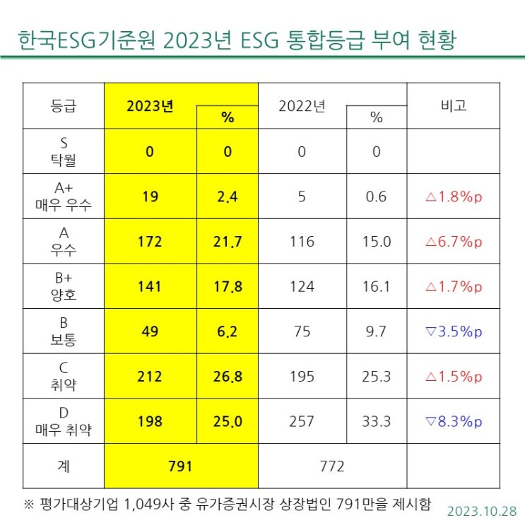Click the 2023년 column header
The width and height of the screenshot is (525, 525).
pyautogui.click(x=150, y=106)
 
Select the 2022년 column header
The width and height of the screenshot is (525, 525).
pyautogui.click(x=302, y=106)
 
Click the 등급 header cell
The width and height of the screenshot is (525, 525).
pyautogui.click(x=64, y=105)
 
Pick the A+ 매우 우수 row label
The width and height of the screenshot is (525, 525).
pyautogui.click(x=64, y=196)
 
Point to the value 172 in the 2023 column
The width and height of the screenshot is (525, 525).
pyautogui.click(x=150, y=242)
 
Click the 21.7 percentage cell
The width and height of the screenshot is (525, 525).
pyautogui.click(x=227, y=242)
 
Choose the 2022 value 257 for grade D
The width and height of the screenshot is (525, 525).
pyautogui.click(x=302, y=422)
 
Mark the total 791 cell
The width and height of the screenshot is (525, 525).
pyautogui.click(x=181, y=466)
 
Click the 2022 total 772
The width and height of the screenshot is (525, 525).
pyautogui.click(x=332, y=466)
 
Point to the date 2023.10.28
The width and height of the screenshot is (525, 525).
pyautogui.click(x=482, y=510)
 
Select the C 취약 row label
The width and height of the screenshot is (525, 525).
pyautogui.click(x=64, y=377)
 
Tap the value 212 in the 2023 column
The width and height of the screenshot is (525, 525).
pyautogui.click(x=150, y=377)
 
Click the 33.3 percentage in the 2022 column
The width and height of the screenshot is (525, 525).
pyautogui.click(x=376, y=422)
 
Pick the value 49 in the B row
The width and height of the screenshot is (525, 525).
pyautogui.click(x=150, y=331)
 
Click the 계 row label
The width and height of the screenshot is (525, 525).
pyautogui.click(x=64, y=466)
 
